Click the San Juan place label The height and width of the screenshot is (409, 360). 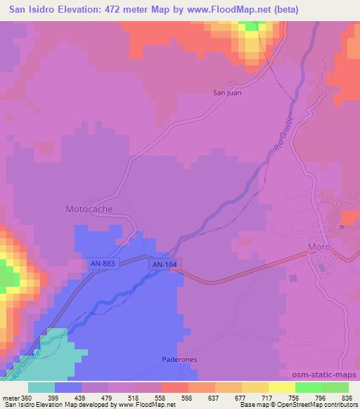point(228,91)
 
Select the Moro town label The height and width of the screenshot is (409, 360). point(320,247)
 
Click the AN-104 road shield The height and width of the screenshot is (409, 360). point(162,264)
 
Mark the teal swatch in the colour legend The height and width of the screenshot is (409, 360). point(41,387)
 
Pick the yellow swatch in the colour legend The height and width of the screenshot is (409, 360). point(281,387)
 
